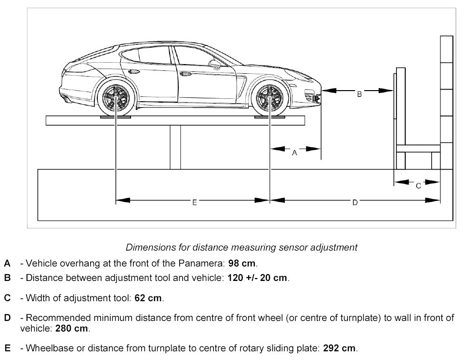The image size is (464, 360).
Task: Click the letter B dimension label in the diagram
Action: [x=359, y=95]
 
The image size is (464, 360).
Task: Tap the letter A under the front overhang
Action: [x=295, y=153]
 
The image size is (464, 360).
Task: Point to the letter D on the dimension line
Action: [x=355, y=203]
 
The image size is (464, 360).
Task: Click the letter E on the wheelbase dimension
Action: [x=194, y=203]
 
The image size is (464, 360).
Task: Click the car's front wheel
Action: [x=270, y=99]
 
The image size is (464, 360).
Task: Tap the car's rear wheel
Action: [x=116, y=99]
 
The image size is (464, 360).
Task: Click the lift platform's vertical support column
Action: [x=175, y=147]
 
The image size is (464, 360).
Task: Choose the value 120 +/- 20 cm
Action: [x=257, y=278]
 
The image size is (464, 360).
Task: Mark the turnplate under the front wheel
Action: [x=270, y=117]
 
